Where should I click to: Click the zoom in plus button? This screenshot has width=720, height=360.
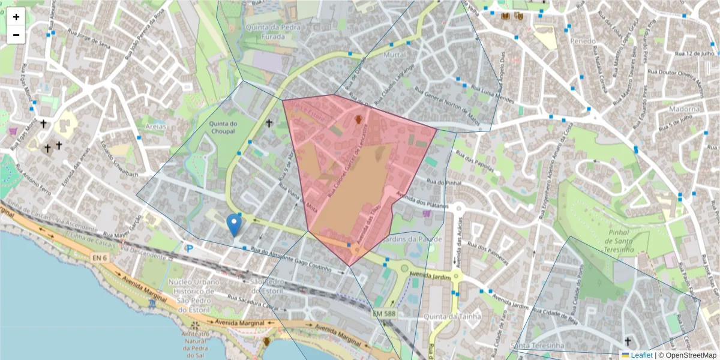click(16, 17)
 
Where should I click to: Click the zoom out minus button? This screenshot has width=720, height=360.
click(16, 35)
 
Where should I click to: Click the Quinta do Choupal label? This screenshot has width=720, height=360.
click(224, 128)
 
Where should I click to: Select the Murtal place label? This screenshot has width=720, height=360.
click(395, 54)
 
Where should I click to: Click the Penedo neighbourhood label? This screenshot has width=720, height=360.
click(583, 41)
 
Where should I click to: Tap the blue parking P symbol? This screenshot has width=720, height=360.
click(190, 248)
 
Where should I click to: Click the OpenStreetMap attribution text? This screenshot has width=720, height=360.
click(689, 355)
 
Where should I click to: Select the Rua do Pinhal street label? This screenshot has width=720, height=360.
click(443, 182)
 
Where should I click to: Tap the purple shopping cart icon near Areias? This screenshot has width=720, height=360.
click(14, 130)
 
